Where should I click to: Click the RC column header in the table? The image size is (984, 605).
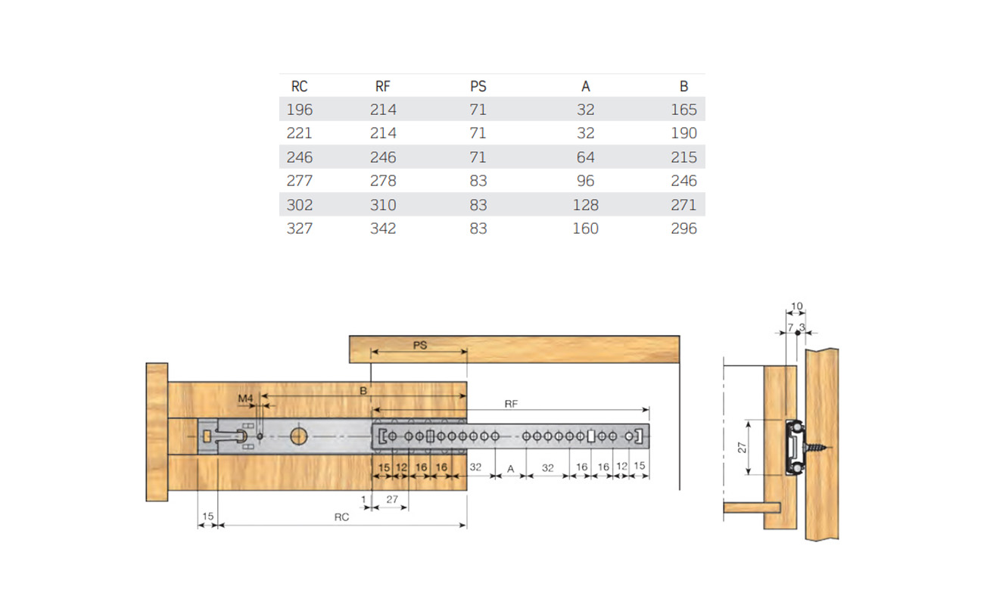pyautogui.click(x=299, y=86)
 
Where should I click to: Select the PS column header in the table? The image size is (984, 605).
pyautogui.click(x=478, y=86)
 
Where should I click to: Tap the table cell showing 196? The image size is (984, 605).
pyautogui.click(x=299, y=110)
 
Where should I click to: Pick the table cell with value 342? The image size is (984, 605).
pyautogui.click(x=383, y=228)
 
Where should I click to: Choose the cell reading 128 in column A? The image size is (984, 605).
pyautogui.click(x=585, y=205)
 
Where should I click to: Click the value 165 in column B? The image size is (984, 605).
pyautogui.click(x=684, y=110)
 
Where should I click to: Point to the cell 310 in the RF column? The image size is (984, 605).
pyautogui.click(x=383, y=205)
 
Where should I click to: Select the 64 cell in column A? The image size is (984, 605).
pyautogui.click(x=585, y=157)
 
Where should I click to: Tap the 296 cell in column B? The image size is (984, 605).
pyautogui.click(x=684, y=228)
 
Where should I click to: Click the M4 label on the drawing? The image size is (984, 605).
pyautogui.click(x=245, y=399)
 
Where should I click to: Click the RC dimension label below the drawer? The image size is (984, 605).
pyautogui.click(x=341, y=518)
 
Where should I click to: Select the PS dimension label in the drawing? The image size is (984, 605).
pyautogui.click(x=420, y=345)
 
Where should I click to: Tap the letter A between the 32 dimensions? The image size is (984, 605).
pyautogui.click(x=510, y=469)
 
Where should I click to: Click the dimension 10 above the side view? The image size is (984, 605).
pyautogui.click(x=796, y=306)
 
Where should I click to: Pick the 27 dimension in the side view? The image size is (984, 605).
pyautogui.click(x=743, y=447)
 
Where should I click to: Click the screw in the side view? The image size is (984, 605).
pyautogui.click(x=814, y=448)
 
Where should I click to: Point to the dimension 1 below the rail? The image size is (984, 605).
pyautogui.click(x=363, y=499)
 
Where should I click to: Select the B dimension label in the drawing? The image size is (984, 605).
pyautogui.click(x=363, y=390)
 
